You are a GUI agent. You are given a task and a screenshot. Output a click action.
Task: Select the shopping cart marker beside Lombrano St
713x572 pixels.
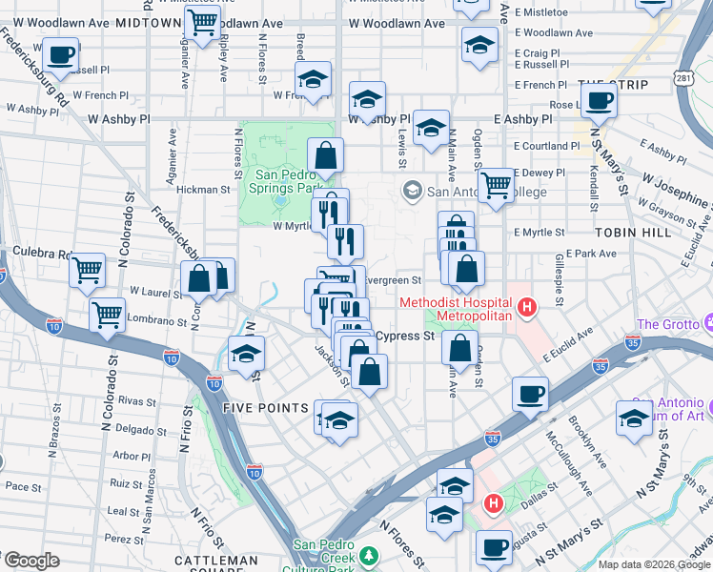coord(107,312)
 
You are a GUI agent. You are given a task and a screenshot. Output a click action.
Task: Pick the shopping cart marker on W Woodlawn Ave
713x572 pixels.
coord(201,21)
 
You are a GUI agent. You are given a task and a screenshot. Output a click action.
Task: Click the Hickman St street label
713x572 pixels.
coord(203,190)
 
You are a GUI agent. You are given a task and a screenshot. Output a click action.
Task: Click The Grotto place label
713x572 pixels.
coord(662,324)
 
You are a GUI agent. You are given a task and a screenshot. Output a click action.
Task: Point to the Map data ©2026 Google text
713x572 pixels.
coord(653,564)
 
